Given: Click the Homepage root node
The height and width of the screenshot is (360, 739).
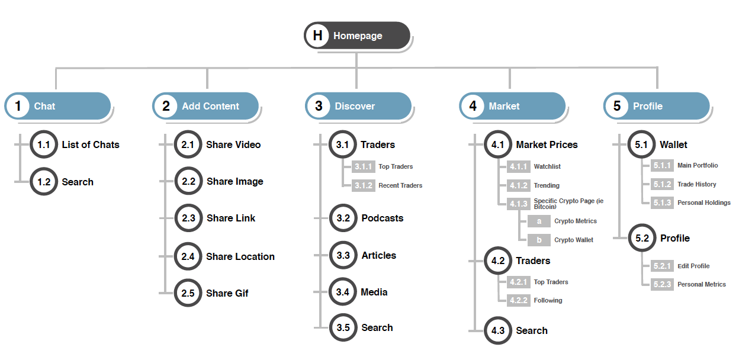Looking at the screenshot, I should click(x=357, y=36).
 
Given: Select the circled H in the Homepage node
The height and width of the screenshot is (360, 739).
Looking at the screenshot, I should click(x=318, y=36).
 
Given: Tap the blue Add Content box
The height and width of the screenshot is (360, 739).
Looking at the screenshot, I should click(x=206, y=106).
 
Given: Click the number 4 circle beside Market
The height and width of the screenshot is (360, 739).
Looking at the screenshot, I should click(x=473, y=106).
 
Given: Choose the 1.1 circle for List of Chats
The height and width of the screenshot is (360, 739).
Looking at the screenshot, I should click(x=44, y=144).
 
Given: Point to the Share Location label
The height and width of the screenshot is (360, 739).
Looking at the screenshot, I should click(x=240, y=256).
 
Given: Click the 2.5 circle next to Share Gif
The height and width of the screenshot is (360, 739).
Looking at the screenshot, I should click(x=188, y=293).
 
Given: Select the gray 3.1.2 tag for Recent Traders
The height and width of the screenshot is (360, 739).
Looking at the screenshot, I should click(x=363, y=185).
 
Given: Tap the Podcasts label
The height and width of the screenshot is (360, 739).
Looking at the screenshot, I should click(x=383, y=218).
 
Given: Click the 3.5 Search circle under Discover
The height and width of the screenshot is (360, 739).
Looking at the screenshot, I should click(x=343, y=327).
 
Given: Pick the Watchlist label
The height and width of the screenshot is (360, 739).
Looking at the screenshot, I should click(x=547, y=166).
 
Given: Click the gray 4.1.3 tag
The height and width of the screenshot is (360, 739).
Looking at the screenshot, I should click(x=518, y=204).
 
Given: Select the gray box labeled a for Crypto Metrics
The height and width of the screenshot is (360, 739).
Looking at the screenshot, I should click(x=539, y=221).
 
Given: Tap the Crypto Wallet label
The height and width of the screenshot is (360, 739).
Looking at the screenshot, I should click(x=574, y=240).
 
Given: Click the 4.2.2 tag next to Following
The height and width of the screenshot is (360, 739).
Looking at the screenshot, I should click(x=518, y=300).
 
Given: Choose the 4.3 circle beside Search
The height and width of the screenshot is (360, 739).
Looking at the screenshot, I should click(x=498, y=330).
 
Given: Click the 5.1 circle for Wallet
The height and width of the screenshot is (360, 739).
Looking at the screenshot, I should click(x=641, y=144).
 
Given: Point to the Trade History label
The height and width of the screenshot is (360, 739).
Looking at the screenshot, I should click(x=697, y=184).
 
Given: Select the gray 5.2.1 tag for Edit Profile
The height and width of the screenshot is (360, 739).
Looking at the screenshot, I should click(x=662, y=266).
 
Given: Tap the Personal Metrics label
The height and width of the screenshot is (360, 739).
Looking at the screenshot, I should click(x=702, y=284).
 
